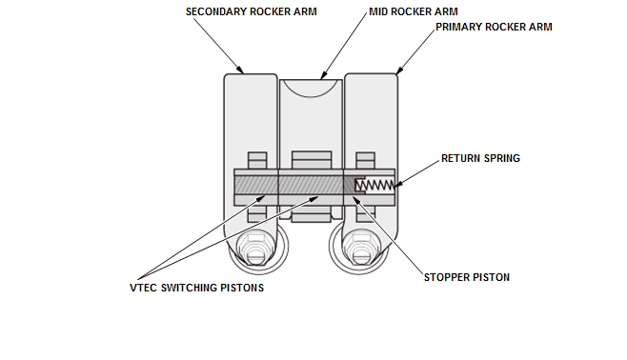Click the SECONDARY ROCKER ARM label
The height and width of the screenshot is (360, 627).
pos(252,11)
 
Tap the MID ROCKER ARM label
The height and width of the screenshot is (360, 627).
pos(414,11)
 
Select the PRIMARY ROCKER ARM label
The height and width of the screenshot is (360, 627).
pos(494,27)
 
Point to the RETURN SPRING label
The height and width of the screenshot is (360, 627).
pos(480,158)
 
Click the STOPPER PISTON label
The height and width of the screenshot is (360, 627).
pos(467,277)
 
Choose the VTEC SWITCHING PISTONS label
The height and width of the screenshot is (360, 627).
pos(196,288)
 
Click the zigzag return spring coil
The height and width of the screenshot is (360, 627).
pos(374,185)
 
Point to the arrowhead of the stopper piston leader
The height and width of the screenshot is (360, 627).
pos(355,199)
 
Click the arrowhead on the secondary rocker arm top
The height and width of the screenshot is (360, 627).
pos(241,70)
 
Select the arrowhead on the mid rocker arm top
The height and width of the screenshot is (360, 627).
pos(323,75)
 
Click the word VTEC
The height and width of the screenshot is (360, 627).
pos(144,288)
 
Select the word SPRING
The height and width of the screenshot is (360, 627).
pos(502,158)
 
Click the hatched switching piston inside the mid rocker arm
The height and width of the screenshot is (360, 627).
pos(311,186)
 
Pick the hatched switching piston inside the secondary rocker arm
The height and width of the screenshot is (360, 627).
pos(256,186)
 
